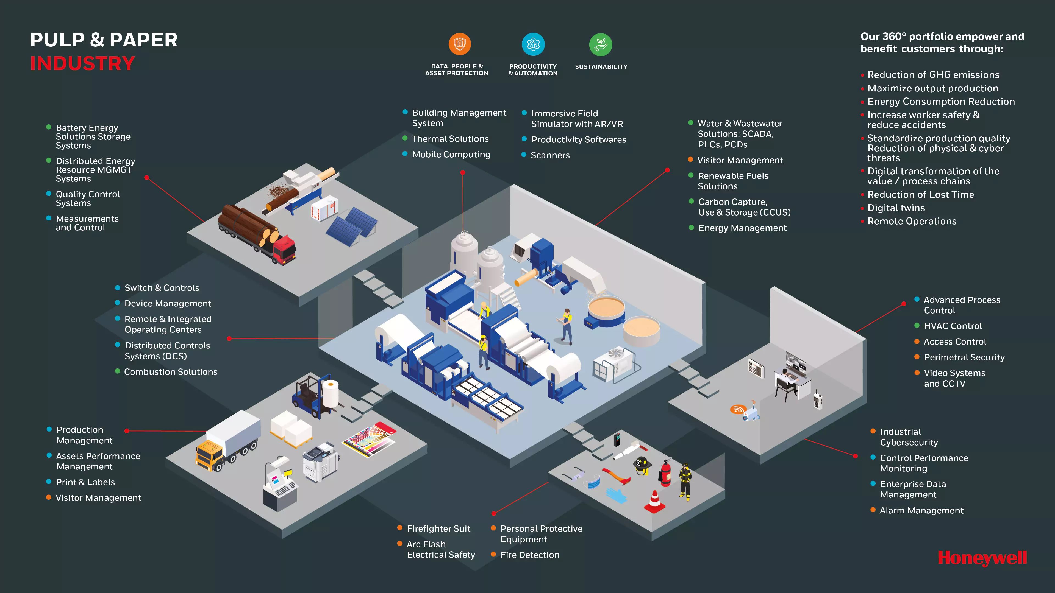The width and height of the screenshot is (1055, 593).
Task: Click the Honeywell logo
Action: (982, 558)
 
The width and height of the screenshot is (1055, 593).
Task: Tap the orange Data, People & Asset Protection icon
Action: (460, 44)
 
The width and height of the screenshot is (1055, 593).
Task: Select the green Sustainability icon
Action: (600, 44)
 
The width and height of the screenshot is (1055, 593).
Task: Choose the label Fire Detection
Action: (529, 555)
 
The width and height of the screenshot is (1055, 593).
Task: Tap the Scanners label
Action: (550, 155)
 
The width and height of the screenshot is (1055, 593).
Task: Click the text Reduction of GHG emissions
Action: (933, 75)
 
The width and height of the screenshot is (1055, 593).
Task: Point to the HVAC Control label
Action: (953, 326)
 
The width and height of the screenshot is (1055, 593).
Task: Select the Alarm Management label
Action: (921, 510)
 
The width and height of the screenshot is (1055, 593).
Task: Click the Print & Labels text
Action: (85, 482)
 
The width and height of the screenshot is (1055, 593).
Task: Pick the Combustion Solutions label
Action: (170, 372)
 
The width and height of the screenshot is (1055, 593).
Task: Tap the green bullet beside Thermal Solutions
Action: (405, 138)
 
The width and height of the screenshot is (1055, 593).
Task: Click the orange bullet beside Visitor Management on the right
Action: (690, 160)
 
